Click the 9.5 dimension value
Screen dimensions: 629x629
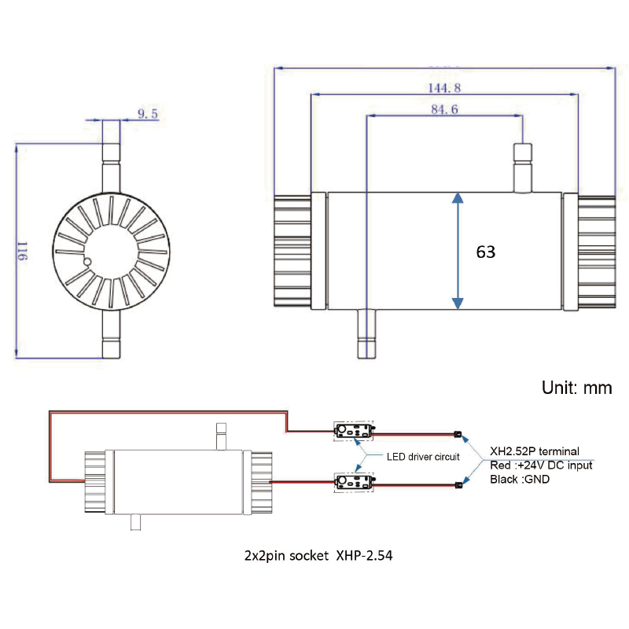[148, 114]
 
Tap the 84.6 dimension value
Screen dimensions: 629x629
[444, 109]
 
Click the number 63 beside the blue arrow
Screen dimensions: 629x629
[486, 252]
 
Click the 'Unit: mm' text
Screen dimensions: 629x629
[576, 388]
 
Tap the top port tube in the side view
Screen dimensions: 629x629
[523, 167]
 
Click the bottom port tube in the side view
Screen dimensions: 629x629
[366, 333]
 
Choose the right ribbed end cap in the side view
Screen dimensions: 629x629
[595, 252]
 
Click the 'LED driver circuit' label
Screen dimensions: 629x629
[423, 458]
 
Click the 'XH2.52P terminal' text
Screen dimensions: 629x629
[534, 451]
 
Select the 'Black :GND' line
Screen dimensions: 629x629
[520, 479]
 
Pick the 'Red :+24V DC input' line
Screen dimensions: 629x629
[540, 465]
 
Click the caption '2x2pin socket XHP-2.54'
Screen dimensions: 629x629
[318, 555]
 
